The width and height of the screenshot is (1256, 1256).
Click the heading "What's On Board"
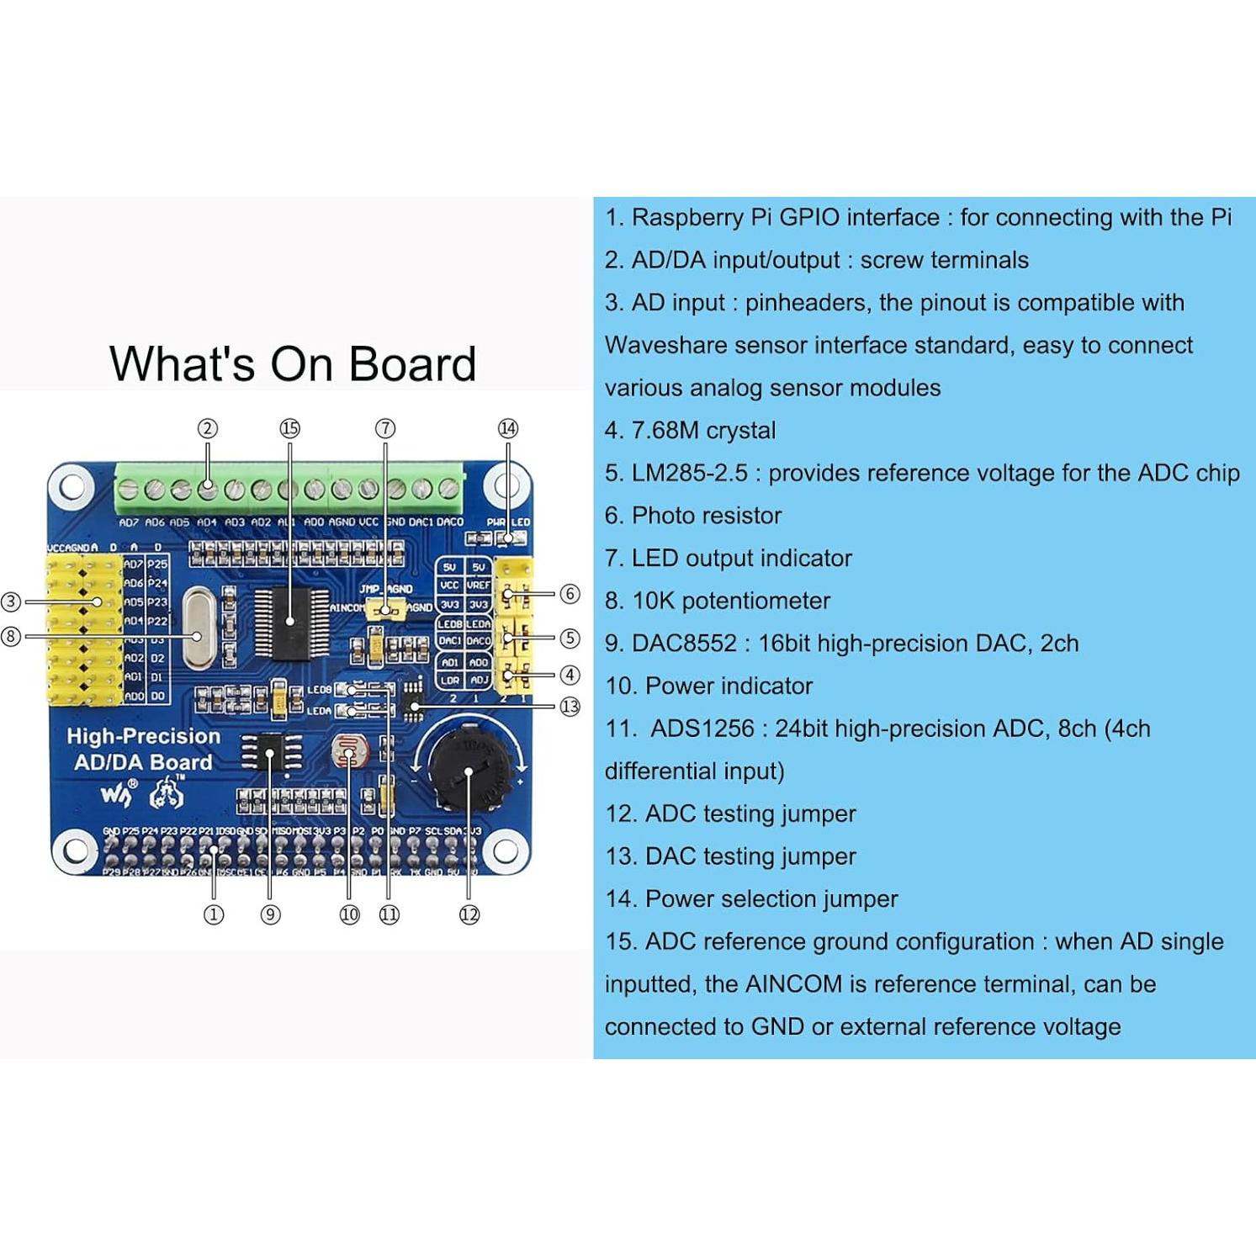point(293,364)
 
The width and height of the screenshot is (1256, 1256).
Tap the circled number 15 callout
point(289,428)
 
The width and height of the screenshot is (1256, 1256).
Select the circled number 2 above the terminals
point(208,428)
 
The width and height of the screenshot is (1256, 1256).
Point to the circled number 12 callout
point(469,914)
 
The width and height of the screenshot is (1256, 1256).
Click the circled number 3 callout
point(11,602)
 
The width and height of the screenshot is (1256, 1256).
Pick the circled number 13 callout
point(570,707)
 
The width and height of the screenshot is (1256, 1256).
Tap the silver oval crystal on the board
point(199,628)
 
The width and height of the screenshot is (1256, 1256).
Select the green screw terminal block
point(289,488)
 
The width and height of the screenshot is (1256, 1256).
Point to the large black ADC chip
point(290,623)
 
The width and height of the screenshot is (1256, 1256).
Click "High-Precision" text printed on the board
point(144,736)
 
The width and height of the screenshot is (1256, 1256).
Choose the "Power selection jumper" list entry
point(771,899)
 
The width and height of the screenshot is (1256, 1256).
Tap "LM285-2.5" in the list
point(689,474)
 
